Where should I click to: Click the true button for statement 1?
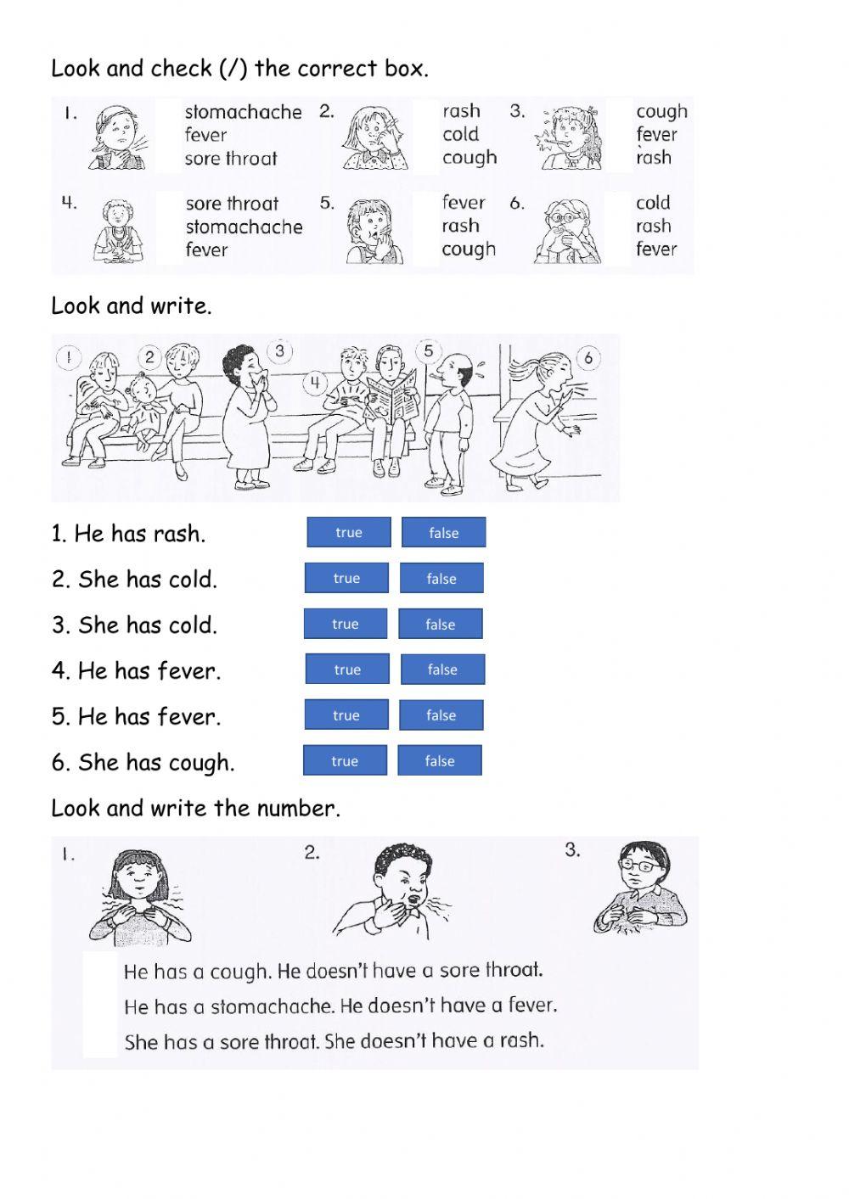pos(348,533)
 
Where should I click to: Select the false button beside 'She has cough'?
pos(439,761)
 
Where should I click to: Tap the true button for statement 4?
pos(347,670)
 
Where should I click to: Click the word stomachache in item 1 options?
pos(243,112)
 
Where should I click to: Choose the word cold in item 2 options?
pos(460,134)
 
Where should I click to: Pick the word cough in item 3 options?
pos(661,111)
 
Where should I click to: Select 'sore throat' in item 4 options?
pos(232,204)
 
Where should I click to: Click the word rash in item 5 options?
pos(460,226)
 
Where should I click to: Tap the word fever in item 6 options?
pos(656,249)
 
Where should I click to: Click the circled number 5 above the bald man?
pos(429,351)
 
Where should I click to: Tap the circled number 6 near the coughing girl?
pos(588,358)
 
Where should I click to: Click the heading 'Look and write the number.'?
pos(195,808)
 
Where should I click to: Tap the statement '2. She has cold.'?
pos(134,580)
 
